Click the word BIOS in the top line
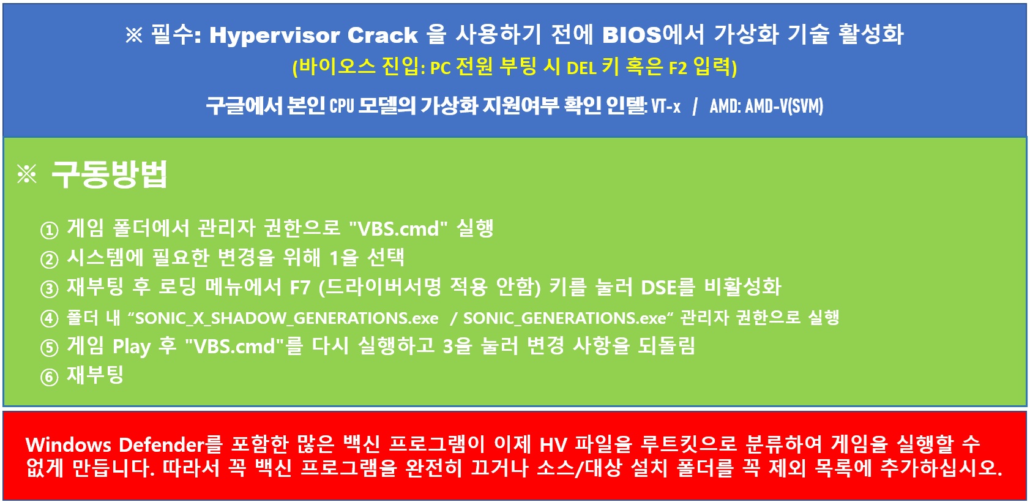(x=632, y=34)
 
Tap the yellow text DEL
(x=581, y=69)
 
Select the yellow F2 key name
(x=677, y=69)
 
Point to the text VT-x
(x=666, y=107)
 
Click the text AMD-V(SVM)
(x=783, y=107)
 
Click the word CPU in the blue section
(x=341, y=107)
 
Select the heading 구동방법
(x=109, y=174)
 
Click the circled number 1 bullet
(x=49, y=230)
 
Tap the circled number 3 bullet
(x=49, y=289)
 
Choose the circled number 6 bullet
(x=49, y=377)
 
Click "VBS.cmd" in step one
(x=398, y=228)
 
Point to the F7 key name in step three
(x=300, y=288)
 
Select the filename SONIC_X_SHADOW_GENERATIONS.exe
(x=286, y=318)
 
